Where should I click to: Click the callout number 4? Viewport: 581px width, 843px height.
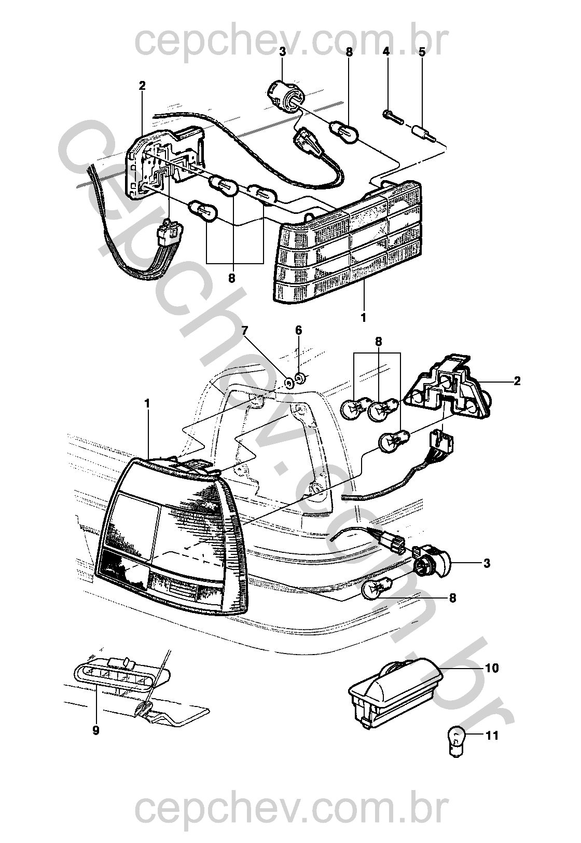click(x=386, y=52)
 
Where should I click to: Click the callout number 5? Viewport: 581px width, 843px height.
click(x=422, y=52)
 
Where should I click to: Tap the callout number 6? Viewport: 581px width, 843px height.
click(x=298, y=331)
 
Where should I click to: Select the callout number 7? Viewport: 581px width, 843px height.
click(x=245, y=330)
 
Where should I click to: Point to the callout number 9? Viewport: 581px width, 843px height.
click(x=96, y=730)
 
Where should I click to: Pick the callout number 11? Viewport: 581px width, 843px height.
click(x=491, y=736)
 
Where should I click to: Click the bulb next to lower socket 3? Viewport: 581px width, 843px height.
click(x=377, y=590)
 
